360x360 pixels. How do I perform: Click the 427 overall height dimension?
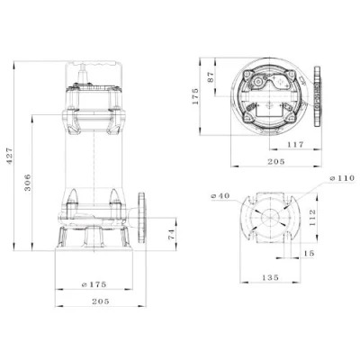coord(10,156)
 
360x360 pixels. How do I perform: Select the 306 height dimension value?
coord(27,182)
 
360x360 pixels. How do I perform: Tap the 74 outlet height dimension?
coord(171,234)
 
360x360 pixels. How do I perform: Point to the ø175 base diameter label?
coord(94,284)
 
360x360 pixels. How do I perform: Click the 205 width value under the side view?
coord(101,301)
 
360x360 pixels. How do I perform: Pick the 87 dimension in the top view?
coord(211,76)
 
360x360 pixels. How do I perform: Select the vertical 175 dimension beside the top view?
coord(195,96)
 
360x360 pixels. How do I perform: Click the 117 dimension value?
coord(295,145)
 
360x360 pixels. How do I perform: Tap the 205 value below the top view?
coord(276,162)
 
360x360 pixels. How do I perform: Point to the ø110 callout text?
coord(342,178)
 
